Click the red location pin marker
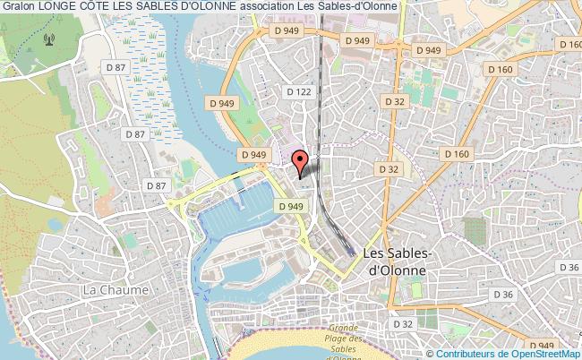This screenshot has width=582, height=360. (x=301, y=161)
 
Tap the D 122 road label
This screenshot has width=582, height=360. (x=297, y=91)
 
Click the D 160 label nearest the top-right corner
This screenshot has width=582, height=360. (x=570, y=43)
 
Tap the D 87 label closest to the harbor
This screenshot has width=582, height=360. (x=156, y=184)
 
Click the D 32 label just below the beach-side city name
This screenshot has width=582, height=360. (x=402, y=323)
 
